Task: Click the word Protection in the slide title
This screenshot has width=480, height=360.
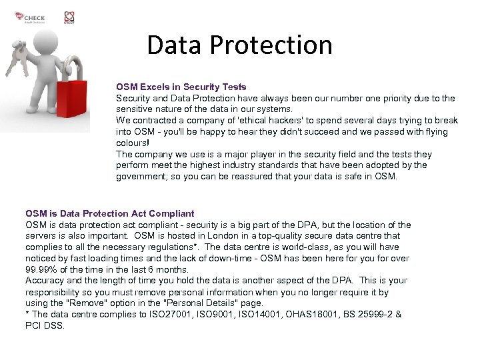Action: pos(271,45)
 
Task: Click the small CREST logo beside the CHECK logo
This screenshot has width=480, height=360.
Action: pos(69,17)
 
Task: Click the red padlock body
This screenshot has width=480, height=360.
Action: pos(72,100)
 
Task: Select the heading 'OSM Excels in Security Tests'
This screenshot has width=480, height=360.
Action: pos(181,87)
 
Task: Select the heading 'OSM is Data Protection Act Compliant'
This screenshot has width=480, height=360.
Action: pos(110,214)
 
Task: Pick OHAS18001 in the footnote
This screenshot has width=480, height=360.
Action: pos(306,314)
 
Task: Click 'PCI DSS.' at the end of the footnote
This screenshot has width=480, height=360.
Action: pos(45,325)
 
